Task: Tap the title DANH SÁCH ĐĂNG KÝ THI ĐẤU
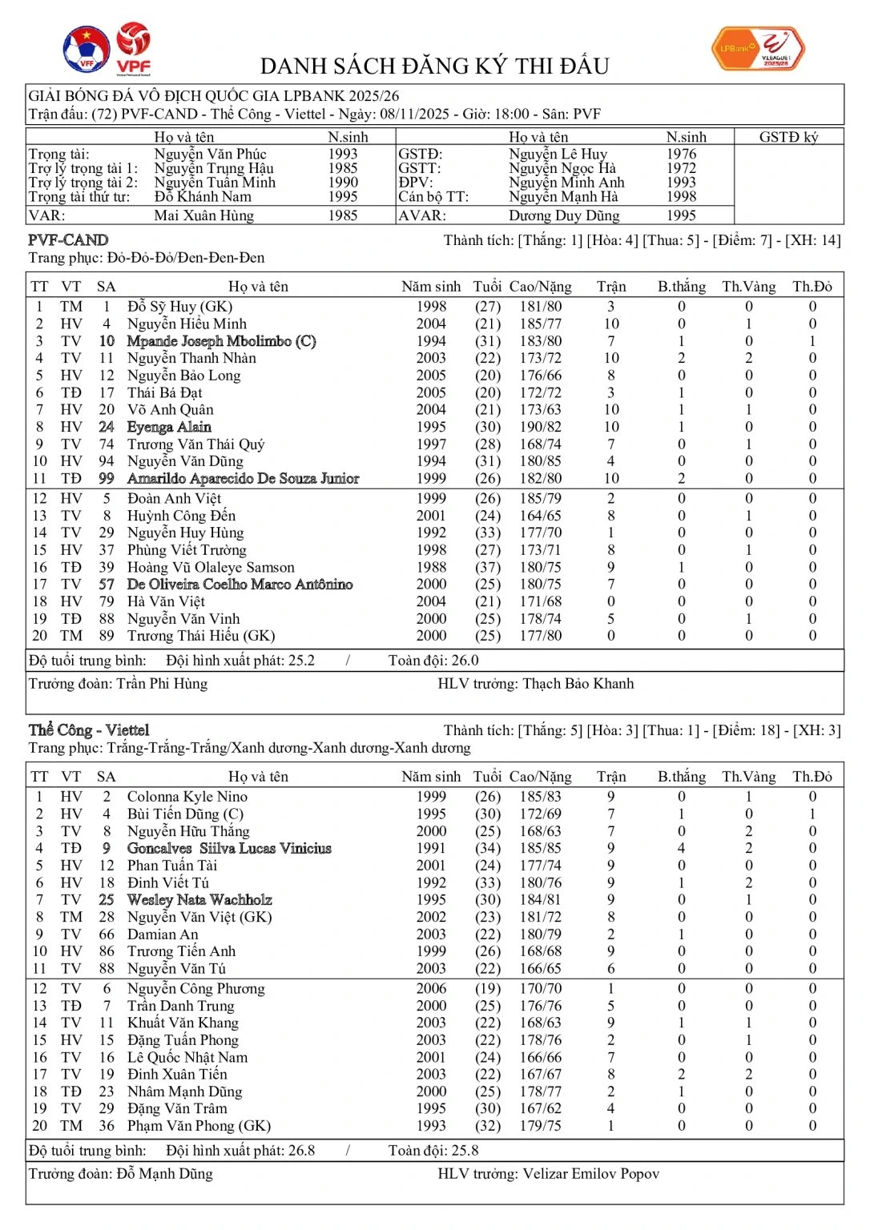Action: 435,66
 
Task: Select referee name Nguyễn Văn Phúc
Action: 210,154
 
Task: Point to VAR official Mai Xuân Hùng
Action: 203,215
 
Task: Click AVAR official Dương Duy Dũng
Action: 563,215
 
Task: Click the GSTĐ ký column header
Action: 788,137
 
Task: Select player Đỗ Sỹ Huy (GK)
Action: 179,307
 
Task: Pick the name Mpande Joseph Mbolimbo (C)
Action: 221,341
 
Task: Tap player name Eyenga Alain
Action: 169,427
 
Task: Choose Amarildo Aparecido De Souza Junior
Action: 243,478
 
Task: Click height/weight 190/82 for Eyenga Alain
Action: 541,427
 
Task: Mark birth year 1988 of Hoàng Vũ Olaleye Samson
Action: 431,567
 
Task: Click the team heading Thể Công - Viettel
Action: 89,730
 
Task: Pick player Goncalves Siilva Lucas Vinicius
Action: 229,848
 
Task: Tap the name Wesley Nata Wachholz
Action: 199,899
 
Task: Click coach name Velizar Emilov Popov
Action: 590,1174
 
